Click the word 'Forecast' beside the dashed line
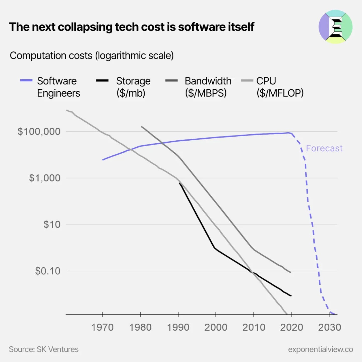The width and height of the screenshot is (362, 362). pyautogui.click(x=324, y=148)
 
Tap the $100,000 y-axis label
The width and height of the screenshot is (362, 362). pyautogui.click(x=39, y=132)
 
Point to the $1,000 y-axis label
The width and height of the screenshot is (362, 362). pyautogui.click(x=45, y=178)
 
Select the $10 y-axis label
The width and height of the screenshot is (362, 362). pyautogui.click(x=52, y=224)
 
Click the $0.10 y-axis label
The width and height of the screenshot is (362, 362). pyautogui.click(x=48, y=271)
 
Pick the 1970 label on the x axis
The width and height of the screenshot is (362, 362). pyautogui.click(x=102, y=327)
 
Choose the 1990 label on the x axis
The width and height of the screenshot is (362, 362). pyautogui.click(x=178, y=327)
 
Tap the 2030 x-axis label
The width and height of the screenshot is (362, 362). pyautogui.click(x=329, y=327)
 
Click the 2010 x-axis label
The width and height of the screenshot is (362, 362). pyautogui.click(x=254, y=327)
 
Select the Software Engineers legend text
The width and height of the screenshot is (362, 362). pyautogui.click(x=58, y=87)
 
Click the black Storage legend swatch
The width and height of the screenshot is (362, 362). pyautogui.click(x=102, y=81)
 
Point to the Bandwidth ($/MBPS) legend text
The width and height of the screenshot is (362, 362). pyautogui.click(x=208, y=87)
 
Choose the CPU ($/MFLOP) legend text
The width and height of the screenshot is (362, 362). pyautogui.click(x=280, y=87)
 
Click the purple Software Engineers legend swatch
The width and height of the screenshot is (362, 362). pyautogui.click(x=26, y=81)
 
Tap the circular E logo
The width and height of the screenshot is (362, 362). pyautogui.click(x=335, y=27)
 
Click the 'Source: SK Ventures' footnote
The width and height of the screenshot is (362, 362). pyautogui.click(x=44, y=349)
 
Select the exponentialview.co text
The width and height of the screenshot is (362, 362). pyautogui.click(x=320, y=349)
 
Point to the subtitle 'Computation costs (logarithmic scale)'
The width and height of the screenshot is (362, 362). pyautogui.click(x=92, y=55)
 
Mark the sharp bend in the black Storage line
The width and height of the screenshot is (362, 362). pyautogui.click(x=215, y=248)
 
